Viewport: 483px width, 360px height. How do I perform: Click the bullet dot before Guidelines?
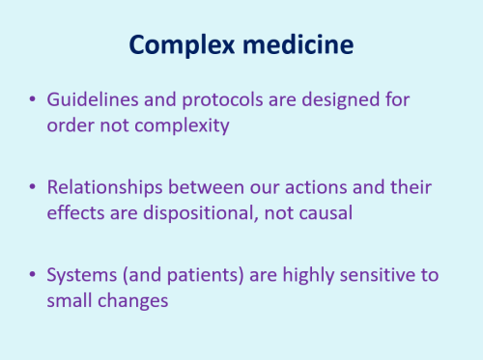tap(35, 100)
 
